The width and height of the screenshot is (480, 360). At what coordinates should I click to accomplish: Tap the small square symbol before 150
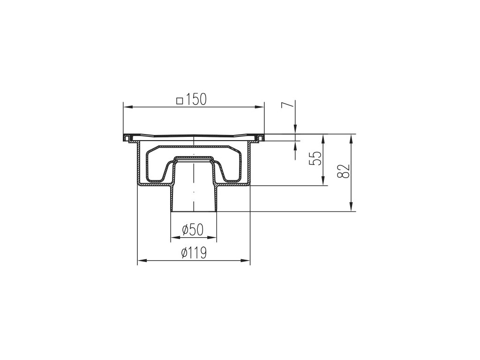[180, 101]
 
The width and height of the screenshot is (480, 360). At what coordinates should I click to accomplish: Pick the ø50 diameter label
[192, 230]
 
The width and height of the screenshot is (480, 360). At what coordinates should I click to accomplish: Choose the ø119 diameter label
[194, 253]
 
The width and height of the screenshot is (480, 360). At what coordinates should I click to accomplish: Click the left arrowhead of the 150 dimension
[127, 107]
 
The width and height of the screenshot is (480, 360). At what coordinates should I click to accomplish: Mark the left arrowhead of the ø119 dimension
[142, 261]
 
